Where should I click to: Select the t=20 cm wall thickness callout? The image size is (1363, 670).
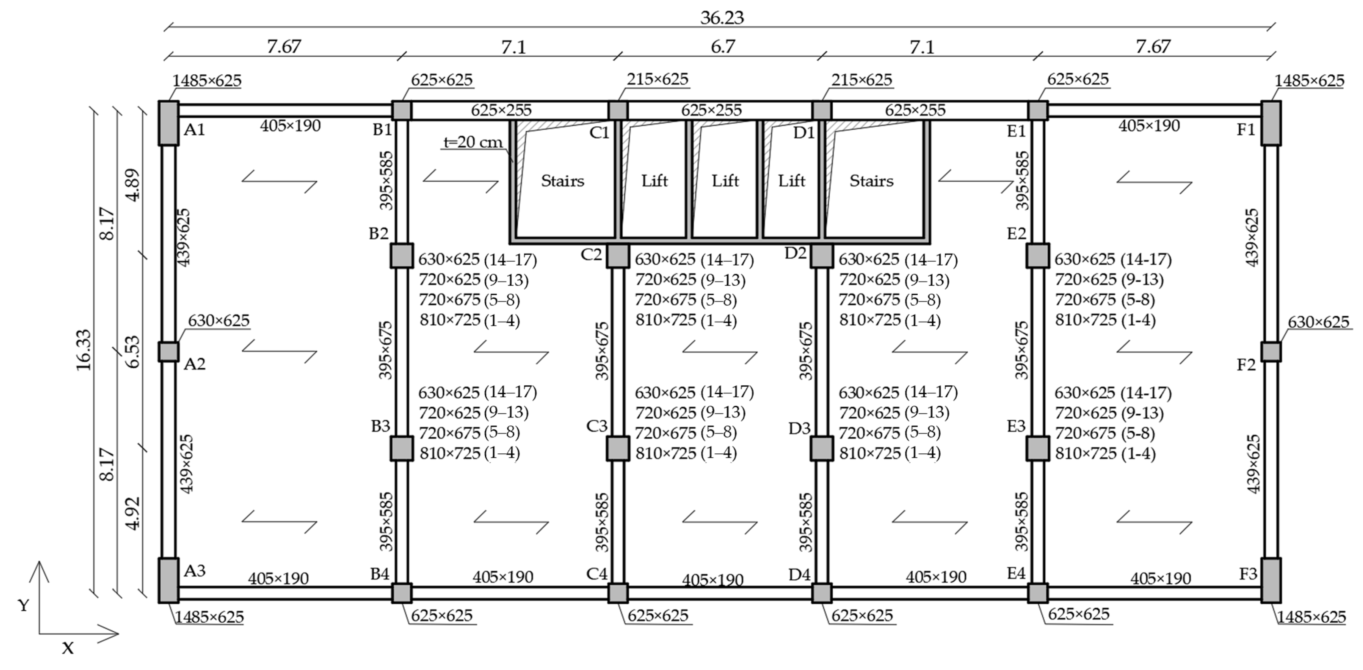(472, 142)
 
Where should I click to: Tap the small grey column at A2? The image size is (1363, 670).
(169, 352)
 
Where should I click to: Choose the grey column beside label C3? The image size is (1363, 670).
(618, 448)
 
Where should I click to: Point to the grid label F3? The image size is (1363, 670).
(1248, 574)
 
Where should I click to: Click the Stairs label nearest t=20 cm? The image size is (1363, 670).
(562, 181)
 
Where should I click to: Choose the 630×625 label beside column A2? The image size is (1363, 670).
(219, 321)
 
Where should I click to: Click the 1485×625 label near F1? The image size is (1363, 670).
(1309, 81)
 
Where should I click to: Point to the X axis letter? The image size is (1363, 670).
(68, 648)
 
